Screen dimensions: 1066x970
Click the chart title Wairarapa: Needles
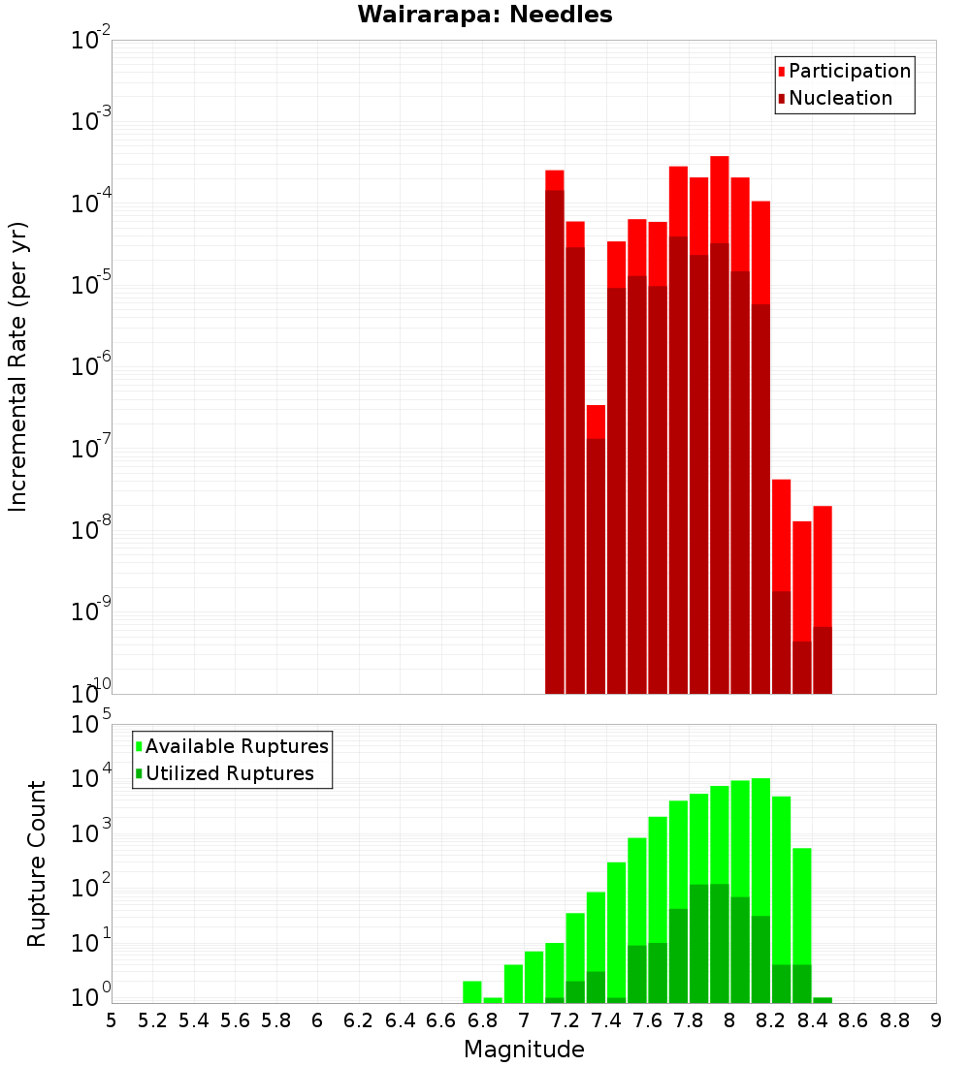tap(485, 15)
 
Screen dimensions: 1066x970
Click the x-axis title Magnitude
tap(524, 1050)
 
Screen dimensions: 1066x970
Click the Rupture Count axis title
tap(37, 863)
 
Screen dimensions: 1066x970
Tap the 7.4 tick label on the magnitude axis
tap(606, 1020)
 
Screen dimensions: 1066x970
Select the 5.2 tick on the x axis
tap(152, 1020)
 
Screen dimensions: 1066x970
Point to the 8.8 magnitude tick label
tap(894, 1020)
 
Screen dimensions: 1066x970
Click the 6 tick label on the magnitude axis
tap(317, 1020)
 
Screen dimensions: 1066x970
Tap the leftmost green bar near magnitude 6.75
tap(472, 992)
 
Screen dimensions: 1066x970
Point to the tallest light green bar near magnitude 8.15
tap(760, 872)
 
